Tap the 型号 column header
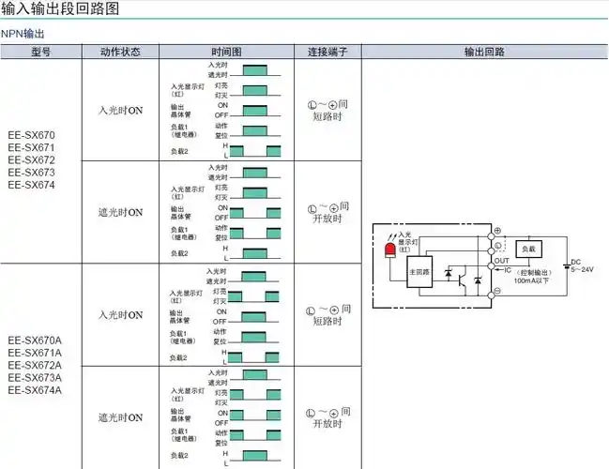[40, 52]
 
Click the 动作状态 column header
[120, 52]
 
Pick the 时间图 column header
[226, 52]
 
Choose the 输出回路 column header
[483, 52]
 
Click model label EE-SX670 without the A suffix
[31, 135]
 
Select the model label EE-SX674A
[35, 390]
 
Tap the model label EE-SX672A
[35, 365]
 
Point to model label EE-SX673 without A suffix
[31, 173]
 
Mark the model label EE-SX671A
[35, 353]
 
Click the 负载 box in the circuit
[528, 250]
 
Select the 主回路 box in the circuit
[419, 272]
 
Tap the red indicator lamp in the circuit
[389, 250]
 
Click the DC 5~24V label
[583, 265]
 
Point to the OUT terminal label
[502, 261]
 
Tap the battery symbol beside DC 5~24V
[566, 265]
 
